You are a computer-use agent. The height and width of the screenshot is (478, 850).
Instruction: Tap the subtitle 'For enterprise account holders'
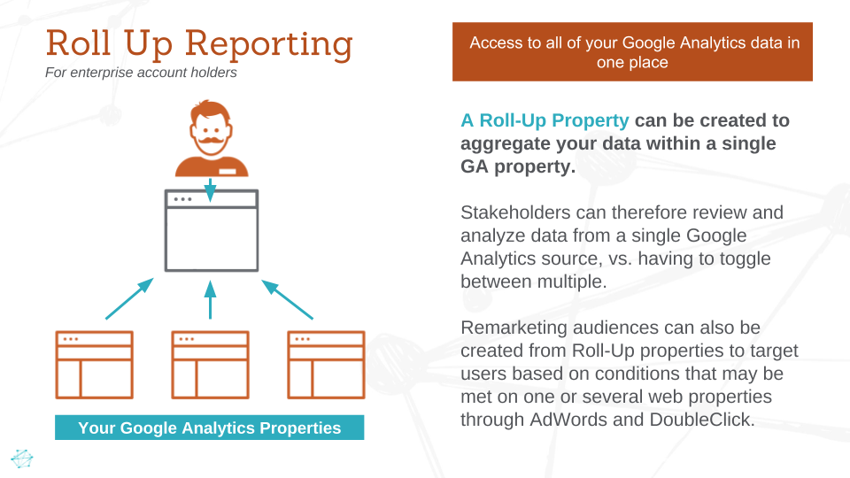(x=141, y=73)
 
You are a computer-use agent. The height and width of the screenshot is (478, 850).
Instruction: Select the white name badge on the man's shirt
(x=228, y=171)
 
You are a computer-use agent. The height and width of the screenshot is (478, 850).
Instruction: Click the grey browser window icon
(x=211, y=230)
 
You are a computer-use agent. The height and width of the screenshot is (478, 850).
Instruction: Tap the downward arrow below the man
(x=211, y=189)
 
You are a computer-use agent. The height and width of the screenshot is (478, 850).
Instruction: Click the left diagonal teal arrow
(x=129, y=298)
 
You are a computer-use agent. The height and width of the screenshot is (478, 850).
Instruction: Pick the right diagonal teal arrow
(x=289, y=299)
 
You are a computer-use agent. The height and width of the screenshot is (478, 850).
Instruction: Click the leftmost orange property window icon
(x=94, y=365)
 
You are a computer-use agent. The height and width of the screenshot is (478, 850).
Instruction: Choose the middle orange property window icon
(x=210, y=365)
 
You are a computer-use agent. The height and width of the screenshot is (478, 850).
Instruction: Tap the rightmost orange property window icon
(x=326, y=365)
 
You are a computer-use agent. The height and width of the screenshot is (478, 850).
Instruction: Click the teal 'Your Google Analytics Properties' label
(x=209, y=428)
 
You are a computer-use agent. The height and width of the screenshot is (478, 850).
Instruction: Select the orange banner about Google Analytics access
(x=632, y=52)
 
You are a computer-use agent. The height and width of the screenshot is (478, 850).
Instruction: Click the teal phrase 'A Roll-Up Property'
(x=545, y=120)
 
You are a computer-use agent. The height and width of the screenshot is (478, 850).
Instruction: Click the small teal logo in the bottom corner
(x=21, y=458)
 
